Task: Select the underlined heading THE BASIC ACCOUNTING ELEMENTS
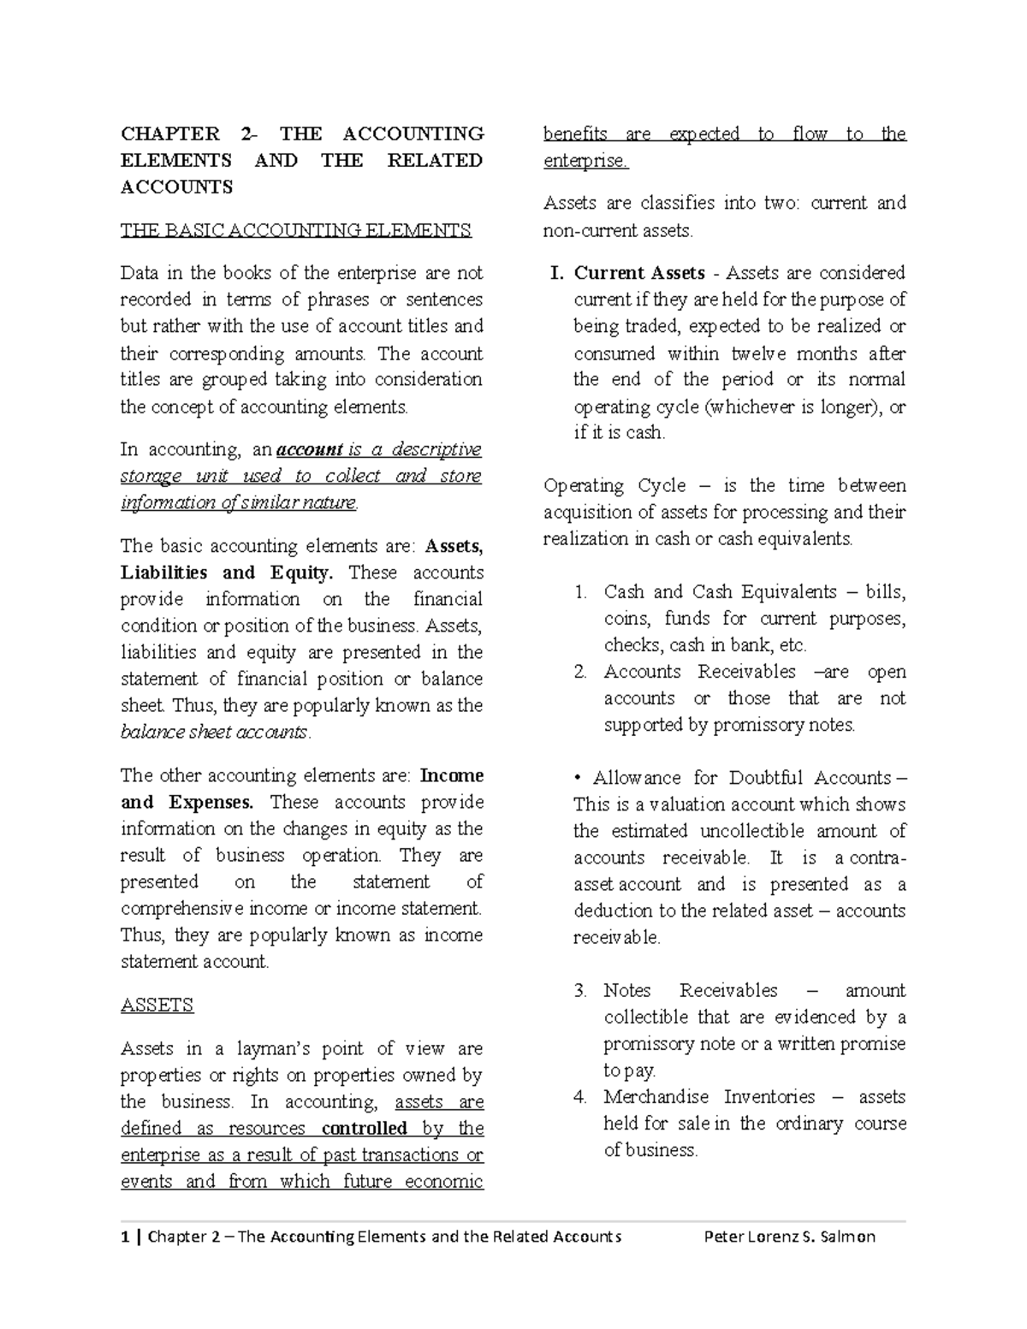(x=295, y=229)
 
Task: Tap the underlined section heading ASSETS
(x=157, y=1005)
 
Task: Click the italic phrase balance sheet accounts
(x=213, y=733)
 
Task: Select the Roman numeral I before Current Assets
(x=556, y=273)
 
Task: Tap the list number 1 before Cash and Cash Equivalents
(x=580, y=592)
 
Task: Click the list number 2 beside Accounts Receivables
(x=580, y=672)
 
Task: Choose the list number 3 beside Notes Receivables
(x=580, y=990)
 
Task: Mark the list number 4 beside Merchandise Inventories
(x=580, y=1096)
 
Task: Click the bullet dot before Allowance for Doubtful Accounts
(x=578, y=778)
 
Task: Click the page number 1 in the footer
(x=125, y=1236)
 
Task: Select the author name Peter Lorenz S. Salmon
(x=788, y=1236)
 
